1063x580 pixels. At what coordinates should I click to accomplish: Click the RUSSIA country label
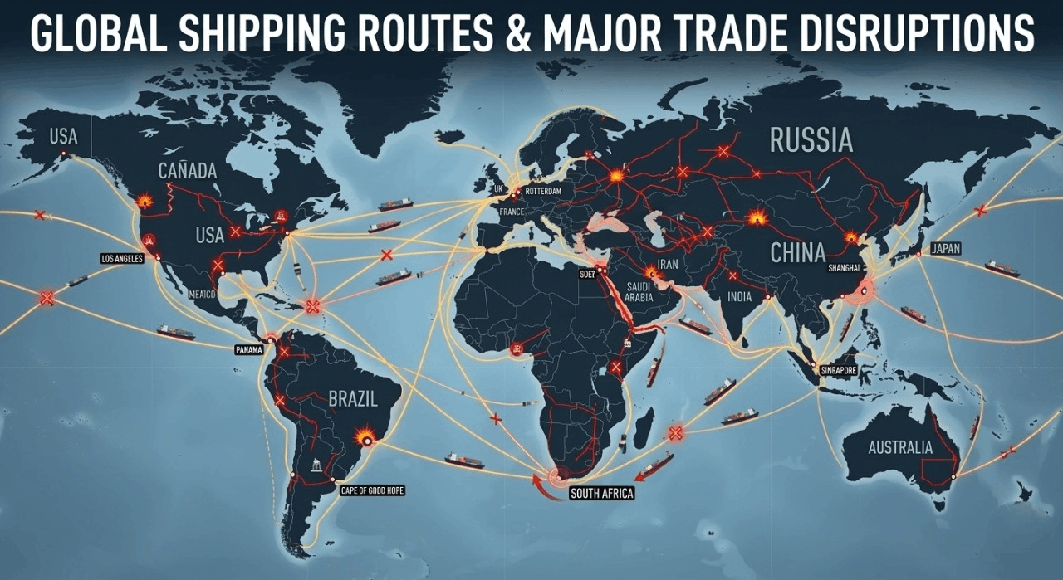(x=811, y=140)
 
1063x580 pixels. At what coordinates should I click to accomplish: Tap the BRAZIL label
(x=353, y=399)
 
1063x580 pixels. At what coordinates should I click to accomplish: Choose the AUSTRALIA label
(x=900, y=448)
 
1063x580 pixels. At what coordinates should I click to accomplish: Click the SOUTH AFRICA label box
(x=601, y=494)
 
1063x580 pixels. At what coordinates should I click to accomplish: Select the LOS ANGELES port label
(x=122, y=259)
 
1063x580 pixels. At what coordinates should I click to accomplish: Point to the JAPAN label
(x=945, y=248)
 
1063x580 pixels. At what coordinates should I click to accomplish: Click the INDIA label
(x=738, y=297)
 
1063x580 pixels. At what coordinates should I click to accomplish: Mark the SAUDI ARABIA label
(x=639, y=291)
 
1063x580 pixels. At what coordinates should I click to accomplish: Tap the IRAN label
(x=668, y=265)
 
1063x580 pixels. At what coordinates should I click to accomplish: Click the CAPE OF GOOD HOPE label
(x=373, y=490)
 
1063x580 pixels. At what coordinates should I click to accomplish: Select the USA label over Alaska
(x=63, y=137)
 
